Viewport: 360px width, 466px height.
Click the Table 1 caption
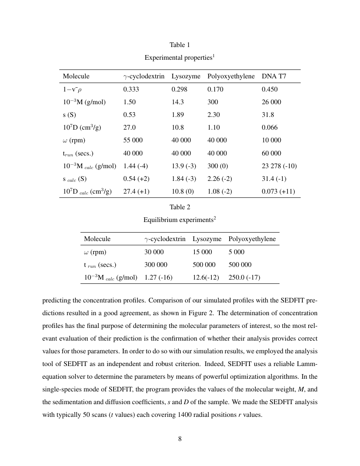tap(180, 45)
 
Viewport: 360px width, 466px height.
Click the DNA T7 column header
tap(274, 76)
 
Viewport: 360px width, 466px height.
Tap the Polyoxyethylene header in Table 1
tap(231, 76)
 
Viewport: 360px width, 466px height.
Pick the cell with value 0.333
tap(131, 89)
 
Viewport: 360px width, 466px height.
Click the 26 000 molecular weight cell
tap(271, 102)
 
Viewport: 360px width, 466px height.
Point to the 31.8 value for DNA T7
tap(268, 115)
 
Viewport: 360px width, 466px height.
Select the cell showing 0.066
tap(269, 128)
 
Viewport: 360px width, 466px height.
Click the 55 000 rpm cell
tap(133, 140)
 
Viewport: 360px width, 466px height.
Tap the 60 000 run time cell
tap(271, 153)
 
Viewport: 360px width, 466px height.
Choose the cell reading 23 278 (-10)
tap(279, 166)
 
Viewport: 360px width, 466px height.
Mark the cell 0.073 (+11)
tap(278, 191)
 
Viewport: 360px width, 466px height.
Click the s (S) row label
tap(69, 115)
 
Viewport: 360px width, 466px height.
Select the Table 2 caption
tap(180, 207)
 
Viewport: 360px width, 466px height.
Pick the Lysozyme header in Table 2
tap(207, 239)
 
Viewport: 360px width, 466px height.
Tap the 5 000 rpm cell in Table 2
tap(236, 252)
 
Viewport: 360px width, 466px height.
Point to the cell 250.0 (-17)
tap(244, 277)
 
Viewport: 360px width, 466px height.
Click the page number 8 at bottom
tap(180, 439)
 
